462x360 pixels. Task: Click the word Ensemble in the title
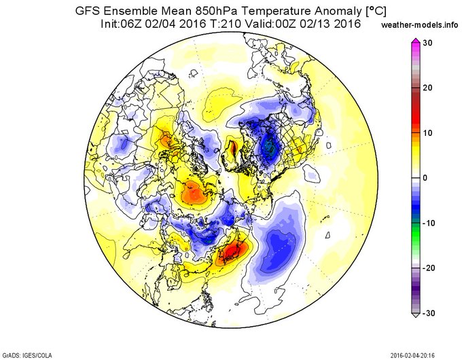point(133,11)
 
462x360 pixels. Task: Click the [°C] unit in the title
point(375,12)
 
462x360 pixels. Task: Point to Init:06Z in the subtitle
point(120,23)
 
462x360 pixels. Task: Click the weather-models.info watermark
point(420,25)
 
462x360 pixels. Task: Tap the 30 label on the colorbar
point(428,43)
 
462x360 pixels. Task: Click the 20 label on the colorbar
point(428,88)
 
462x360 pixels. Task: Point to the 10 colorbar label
point(428,133)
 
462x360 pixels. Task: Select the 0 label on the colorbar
point(425,178)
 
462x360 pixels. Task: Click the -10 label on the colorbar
point(429,223)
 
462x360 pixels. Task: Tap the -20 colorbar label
point(429,268)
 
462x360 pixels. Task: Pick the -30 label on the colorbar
point(429,313)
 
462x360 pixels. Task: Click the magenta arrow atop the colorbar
point(416,41)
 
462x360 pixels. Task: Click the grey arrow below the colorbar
point(416,315)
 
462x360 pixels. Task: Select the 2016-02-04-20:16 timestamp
point(412,355)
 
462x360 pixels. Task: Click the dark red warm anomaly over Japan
point(233,251)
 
